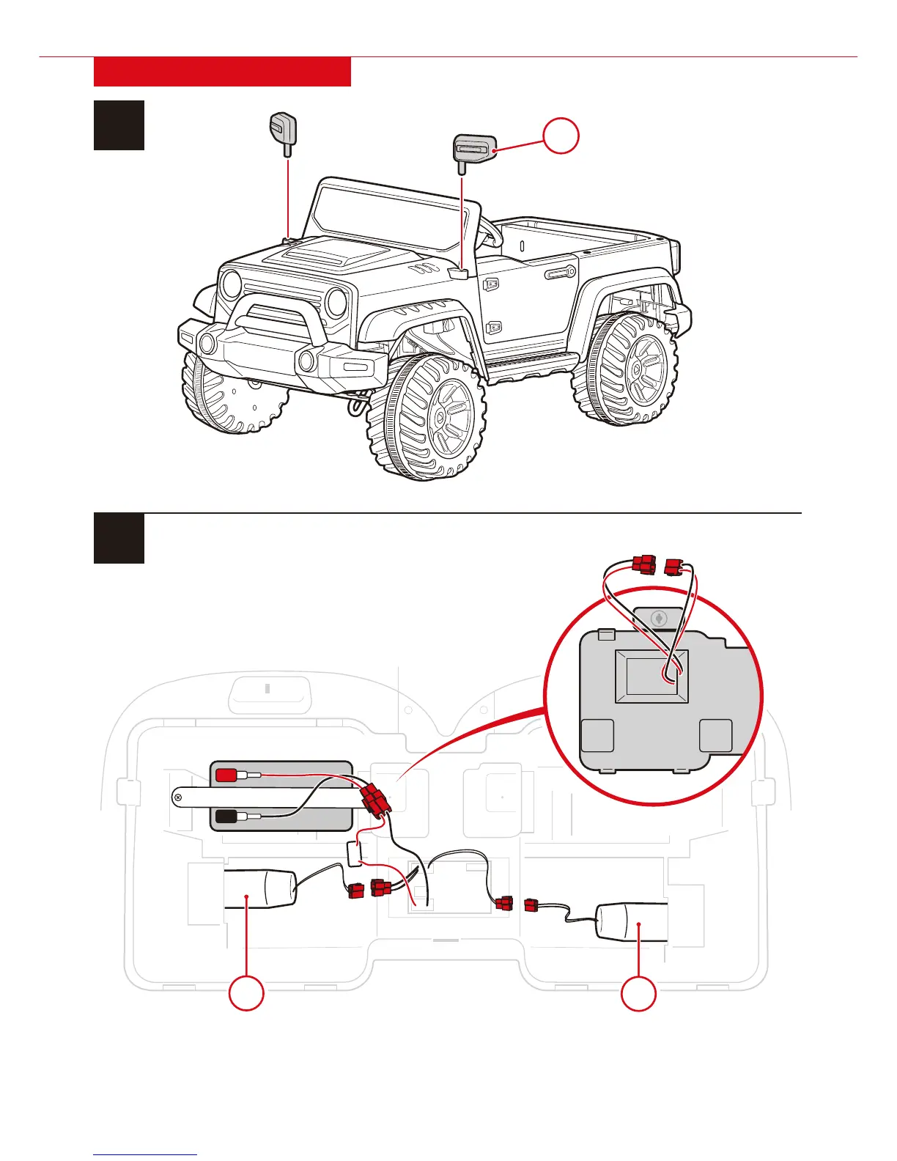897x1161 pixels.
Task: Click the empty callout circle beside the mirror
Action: point(561,136)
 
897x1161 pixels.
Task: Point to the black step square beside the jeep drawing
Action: point(119,125)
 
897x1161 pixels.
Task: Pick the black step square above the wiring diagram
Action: point(119,539)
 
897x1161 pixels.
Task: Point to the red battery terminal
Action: point(226,774)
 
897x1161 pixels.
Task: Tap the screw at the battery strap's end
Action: point(178,796)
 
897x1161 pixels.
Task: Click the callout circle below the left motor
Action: point(246,994)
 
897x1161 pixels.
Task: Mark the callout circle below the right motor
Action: point(638,994)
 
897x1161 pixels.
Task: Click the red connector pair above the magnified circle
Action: point(659,567)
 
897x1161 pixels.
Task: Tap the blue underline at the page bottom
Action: point(145,1155)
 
